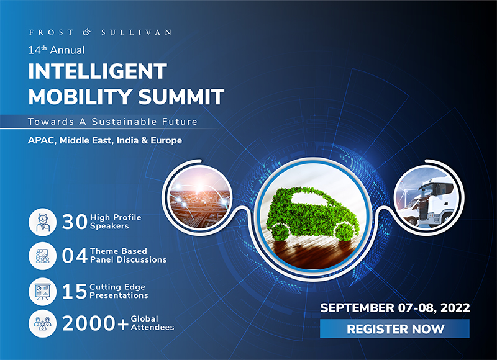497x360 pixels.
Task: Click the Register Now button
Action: point(394,328)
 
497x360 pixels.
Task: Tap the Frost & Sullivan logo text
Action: point(100,32)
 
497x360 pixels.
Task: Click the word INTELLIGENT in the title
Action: point(98,71)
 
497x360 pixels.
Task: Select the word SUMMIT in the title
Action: point(181,97)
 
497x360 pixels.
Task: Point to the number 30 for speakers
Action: point(75,222)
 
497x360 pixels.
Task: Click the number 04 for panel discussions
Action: point(75,256)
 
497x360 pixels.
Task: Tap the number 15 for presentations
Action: point(75,291)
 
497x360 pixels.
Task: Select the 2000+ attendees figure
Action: point(95,323)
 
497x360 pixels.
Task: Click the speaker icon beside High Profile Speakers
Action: point(42,222)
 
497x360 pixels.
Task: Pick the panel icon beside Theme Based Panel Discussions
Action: point(42,256)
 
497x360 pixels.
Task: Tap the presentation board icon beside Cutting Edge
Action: point(42,292)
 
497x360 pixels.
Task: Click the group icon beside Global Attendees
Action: point(42,323)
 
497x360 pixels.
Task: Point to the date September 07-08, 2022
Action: point(395,308)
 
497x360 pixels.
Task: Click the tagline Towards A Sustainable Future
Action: point(112,122)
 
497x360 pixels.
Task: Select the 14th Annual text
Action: point(57,50)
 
